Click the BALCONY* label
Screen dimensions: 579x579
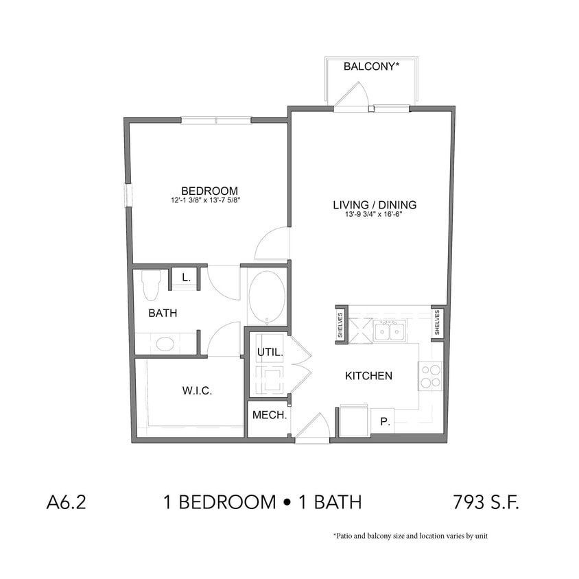click(x=371, y=67)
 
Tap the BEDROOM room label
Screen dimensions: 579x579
click(x=209, y=191)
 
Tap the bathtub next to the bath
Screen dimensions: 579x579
click(x=266, y=296)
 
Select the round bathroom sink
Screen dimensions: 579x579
click(x=165, y=343)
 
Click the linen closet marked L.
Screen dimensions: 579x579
click(x=185, y=278)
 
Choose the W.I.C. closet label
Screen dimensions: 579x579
click(x=197, y=391)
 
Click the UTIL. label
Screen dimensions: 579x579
click(x=267, y=353)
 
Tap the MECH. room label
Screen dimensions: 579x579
click(x=269, y=415)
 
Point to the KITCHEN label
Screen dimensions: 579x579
click(x=368, y=376)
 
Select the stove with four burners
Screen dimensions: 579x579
click(x=430, y=375)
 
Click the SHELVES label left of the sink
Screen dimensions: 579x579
click(x=341, y=324)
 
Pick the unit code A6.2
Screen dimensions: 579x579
click(x=67, y=502)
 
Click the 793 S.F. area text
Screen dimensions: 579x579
click(x=486, y=502)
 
